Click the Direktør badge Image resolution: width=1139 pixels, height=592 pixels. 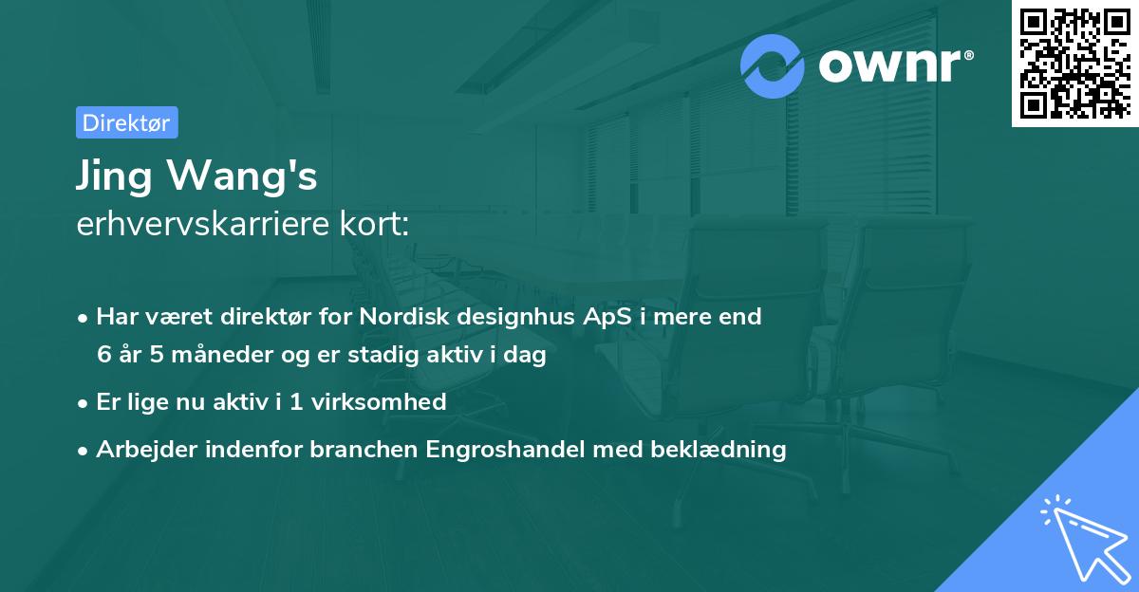pyautogui.click(x=126, y=122)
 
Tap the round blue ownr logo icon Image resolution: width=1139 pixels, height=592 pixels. pyautogui.click(x=773, y=66)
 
